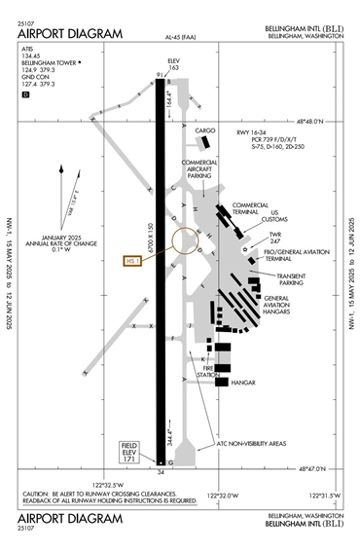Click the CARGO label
204,129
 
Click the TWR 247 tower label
274,239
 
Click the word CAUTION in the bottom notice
40,494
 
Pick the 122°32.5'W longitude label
109,483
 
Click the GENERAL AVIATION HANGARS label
289,306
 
